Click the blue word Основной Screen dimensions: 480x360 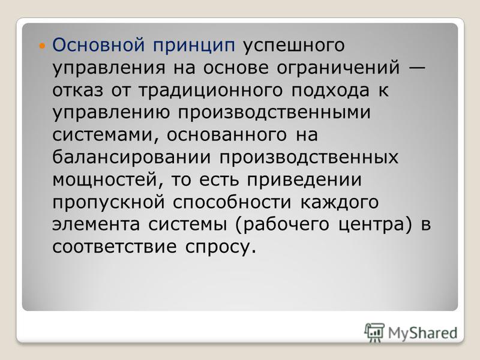[98, 44]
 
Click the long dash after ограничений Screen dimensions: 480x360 [416, 68]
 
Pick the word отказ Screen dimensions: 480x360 [78, 91]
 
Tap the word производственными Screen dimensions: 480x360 [274, 113]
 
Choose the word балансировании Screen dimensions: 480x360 [131, 157]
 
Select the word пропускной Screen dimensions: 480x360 [109, 203]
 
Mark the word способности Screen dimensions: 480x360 [232, 202]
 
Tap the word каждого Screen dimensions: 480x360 [340, 203]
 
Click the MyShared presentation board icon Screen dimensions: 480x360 [374, 332]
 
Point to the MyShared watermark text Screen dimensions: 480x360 [423, 333]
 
